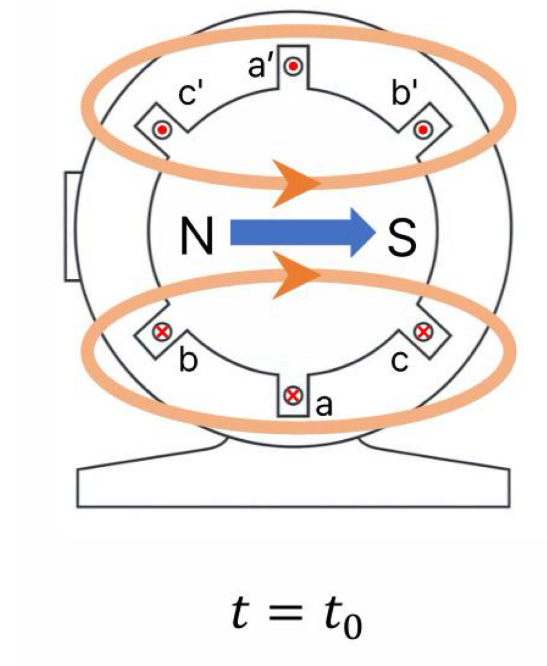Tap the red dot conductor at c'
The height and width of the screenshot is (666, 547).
(x=163, y=130)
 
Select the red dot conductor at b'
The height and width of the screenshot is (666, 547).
(x=423, y=130)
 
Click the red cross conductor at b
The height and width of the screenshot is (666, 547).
(x=162, y=331)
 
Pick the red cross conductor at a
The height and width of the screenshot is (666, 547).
(x=294, y=395)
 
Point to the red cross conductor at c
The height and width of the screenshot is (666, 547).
(x=422, y=331)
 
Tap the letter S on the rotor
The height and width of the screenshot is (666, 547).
(x=401, y=234)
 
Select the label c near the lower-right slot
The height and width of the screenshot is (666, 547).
(x=400, y=363)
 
